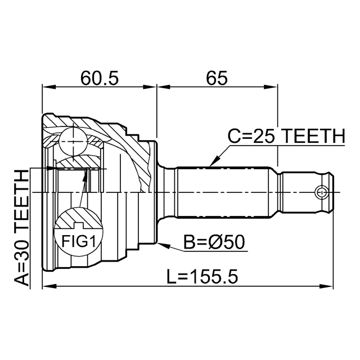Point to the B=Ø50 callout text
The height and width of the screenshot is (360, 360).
tap(214, 242)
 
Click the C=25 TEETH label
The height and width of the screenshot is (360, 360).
tap(286, 136)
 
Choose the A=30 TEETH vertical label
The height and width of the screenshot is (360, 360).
tap(22, 228)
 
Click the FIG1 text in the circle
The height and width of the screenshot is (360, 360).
tap(78, 241)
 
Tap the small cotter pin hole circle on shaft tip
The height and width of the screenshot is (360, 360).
tap(321, 192)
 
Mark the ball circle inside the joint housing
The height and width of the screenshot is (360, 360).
tap(73, 142)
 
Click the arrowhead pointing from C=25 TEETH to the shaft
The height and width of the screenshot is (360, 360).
tap(215, 160)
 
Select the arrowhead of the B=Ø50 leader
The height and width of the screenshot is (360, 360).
tap(164, 245)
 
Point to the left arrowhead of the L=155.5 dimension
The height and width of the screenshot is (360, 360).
tap(49, 286)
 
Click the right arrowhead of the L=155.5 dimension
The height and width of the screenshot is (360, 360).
tap(326, 286)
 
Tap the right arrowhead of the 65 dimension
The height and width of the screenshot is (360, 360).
tap(271, 87)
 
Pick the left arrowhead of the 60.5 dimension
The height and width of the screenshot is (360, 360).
tap(49, 87)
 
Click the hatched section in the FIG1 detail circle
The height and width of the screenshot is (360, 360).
tap(78, 219)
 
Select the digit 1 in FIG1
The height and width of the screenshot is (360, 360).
tap(92, 241)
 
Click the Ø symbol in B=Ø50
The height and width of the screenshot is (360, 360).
tap(215, 242)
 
